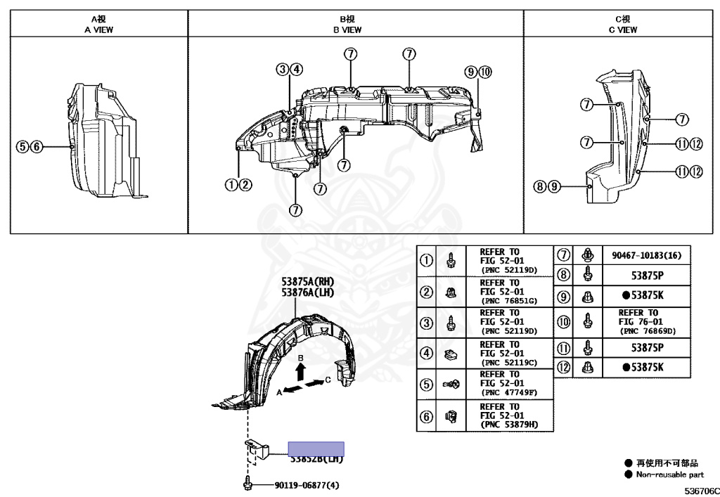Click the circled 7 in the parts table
coord(563,255)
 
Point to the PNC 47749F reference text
coord(508,392)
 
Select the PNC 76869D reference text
coord(647,330)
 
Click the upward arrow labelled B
coord(302,370)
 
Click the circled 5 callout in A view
coord(23,146)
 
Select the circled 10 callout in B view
coord(486,72)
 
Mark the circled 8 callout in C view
coord(540,187)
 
